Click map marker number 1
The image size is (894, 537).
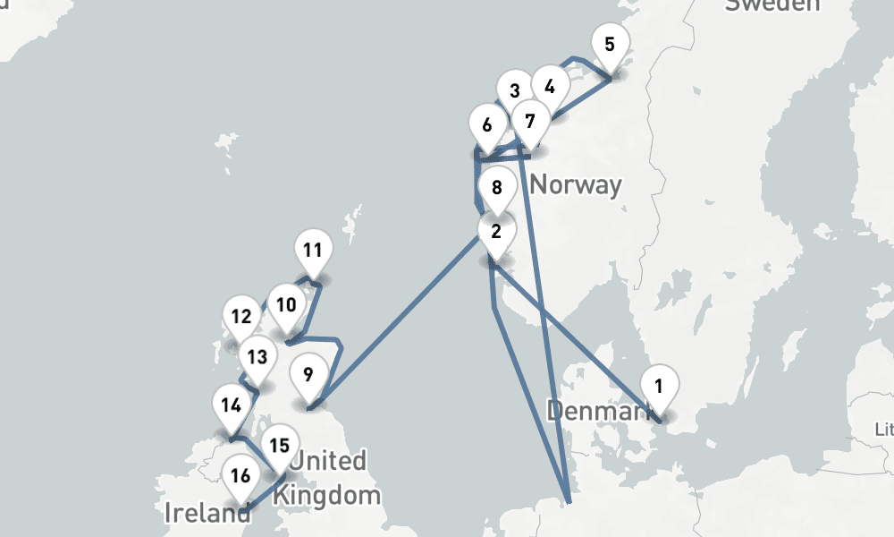tap(659, 388)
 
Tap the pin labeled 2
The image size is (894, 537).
tap(496, 231)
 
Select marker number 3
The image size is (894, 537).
tap(514, 90)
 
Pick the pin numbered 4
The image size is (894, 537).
tap(550, 87)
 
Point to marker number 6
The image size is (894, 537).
tap(487, 125)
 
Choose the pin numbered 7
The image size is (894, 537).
tap(530, 121)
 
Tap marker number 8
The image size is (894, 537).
tap(497, 188)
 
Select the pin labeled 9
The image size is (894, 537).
tap(308, 375)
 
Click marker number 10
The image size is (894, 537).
tap(285, 305)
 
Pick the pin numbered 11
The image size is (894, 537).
tap(312, 251)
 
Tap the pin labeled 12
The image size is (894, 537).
tap(240, 317)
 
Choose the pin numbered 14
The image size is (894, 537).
tap(231, 405)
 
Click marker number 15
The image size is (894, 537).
tap(280, 445)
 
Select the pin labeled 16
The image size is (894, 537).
tap(240, 476)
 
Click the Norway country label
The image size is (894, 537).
tap(576, 185)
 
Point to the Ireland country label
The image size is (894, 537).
tap(207, 514)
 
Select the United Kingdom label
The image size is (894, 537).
tap(328, 478)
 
